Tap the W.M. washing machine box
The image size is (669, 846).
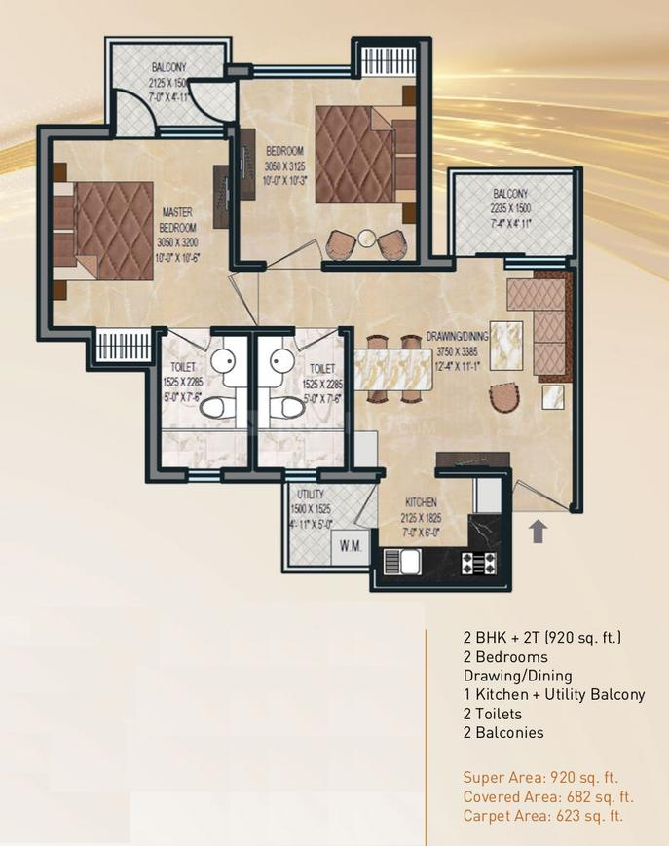[x=351, y=547]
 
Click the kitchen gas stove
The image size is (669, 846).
[x=476, y=562]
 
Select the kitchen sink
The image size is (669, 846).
[x=403, y=562]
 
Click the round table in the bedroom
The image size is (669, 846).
[x=365, y=239]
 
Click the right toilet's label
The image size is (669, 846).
[x=322, y=370]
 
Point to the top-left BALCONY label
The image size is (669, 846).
[x=168, y=67]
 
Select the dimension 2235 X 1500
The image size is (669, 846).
[x=509, y=207]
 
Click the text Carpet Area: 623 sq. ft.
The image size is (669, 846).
[x=542, y=816]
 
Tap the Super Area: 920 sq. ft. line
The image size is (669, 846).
[x=540, y=778]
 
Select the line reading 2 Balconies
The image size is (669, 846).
[x=502, y=733]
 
